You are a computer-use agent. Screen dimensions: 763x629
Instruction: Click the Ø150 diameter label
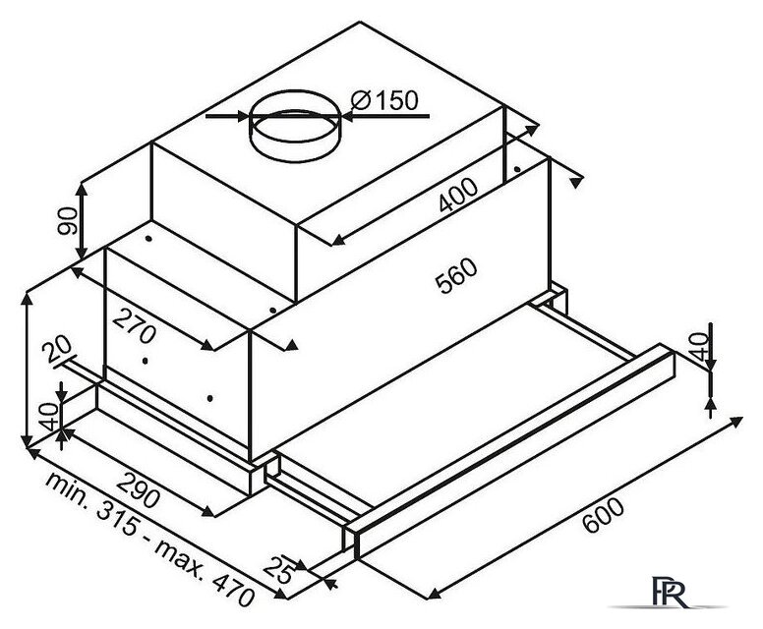coord(384,100)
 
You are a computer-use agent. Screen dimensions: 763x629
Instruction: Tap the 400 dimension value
coord(458,196)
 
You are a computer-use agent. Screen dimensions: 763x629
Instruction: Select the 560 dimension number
coord(456,276)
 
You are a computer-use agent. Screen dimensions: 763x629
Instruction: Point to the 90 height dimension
coord(68,221)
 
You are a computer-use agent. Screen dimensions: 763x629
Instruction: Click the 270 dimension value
coord(135,326)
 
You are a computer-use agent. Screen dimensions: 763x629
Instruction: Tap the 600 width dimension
coord(603,516)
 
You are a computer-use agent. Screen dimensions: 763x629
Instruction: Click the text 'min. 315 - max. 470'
coord(149,539)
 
